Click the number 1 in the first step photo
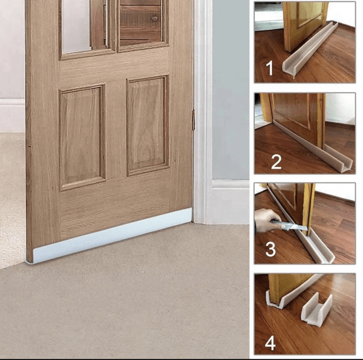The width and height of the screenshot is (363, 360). (x=269, y=68)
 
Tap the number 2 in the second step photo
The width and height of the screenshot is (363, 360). (x=276, y=162)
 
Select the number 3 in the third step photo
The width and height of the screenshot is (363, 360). (x=270, y=249)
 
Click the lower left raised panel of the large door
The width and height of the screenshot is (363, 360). (x=82, y=137)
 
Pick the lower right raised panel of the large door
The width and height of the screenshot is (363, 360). (x=148, y=125)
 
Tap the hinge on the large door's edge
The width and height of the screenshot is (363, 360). (x=194, y=119)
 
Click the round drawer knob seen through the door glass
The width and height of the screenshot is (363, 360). (x=154, y=19)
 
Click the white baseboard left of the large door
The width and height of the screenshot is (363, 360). (x=13, y=115)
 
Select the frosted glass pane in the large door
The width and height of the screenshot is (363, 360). (x=75, y=26)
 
